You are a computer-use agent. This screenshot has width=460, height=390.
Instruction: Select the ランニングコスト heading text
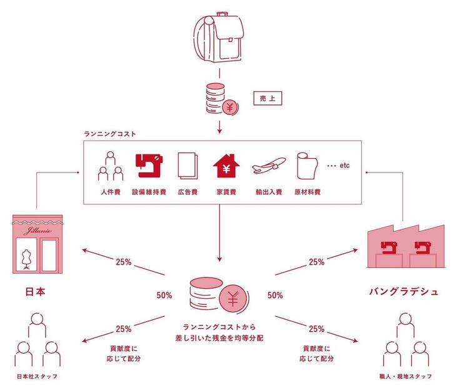[110, 134]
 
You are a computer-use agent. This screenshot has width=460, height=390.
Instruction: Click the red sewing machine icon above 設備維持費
[149, 164]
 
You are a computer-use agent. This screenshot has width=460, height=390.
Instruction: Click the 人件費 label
[109, 192]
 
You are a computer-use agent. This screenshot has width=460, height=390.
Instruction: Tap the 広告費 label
[187, 192]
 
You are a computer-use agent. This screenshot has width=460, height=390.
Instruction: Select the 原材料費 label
[307, 192]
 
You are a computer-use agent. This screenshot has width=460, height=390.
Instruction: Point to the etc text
[344, 166]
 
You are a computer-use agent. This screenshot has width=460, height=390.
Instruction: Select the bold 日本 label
[36, 291]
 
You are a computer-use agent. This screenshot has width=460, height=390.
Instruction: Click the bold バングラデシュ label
[404, 292]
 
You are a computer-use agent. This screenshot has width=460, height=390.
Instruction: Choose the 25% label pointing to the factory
[316, 262]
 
